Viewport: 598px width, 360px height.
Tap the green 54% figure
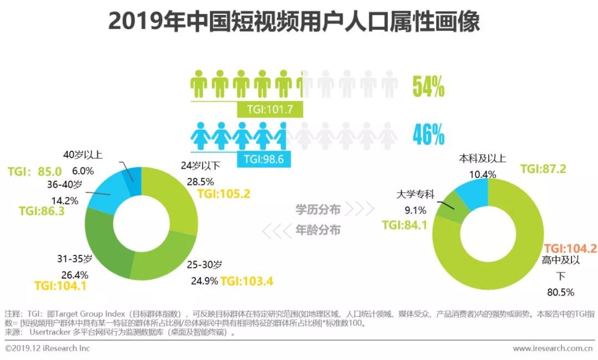click(429, 87)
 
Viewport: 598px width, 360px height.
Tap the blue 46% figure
click(429, 135)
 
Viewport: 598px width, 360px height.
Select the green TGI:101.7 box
click(270, 109)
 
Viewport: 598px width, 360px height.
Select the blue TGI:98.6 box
click(264, 160)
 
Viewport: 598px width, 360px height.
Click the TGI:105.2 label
click(223, 194)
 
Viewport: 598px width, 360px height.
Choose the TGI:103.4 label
click(246, 281)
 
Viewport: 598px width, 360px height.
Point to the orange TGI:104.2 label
click(570, 249)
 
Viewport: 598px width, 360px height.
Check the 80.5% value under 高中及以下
click(560, 292)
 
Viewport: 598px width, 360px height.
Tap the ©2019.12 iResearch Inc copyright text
click(48, 348)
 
